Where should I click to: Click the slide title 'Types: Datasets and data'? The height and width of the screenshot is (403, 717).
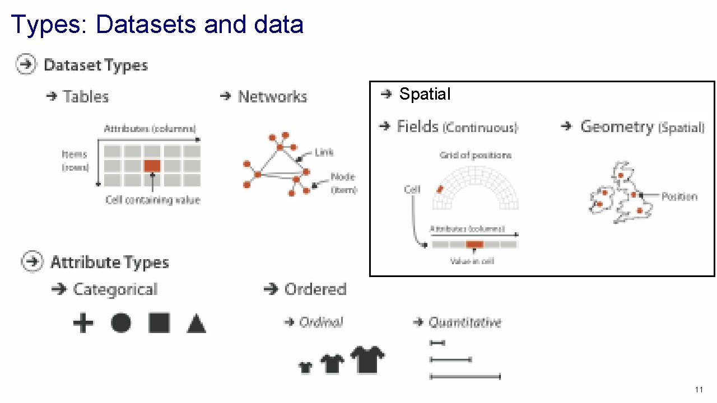click(x=157, y=25)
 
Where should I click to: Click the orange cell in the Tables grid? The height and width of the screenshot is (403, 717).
click(x=152, y=166)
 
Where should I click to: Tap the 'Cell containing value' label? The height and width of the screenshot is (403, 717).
click(x=152, y=200)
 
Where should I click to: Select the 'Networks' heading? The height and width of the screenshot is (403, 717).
click(x=272, y=97)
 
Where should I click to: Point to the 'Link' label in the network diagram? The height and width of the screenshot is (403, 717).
click(x=324, y=152)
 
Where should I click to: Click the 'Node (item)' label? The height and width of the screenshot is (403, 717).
click(x=343, y=183)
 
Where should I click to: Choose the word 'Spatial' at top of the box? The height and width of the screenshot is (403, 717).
click(x=425, y=94)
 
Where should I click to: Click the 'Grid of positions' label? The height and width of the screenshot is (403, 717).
click(x=475, y=155)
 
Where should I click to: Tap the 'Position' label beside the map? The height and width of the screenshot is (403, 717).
click(x=679, y=196)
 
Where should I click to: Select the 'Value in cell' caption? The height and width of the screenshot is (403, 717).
click(x=472, y=261)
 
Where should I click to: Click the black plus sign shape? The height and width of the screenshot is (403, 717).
click(x=83, y=323)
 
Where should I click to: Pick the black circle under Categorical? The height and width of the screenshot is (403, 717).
click(x=121, y=323)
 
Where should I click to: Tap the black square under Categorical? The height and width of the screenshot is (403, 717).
click(x=159, y=323)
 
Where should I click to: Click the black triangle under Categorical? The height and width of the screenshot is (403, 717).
click(x=196, y=324)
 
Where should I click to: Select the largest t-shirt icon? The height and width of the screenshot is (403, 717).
click(x=367, y=359)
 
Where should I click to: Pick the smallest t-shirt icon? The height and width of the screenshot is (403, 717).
click(x=305, y=367)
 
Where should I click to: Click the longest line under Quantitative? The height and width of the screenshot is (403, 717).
click(x=464, y=377)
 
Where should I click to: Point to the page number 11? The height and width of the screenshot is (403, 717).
click(x=699, y=390)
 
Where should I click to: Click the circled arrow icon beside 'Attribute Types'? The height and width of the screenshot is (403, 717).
click(x=32, y=262)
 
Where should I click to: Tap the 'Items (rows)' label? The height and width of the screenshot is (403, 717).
click(x=75, y=160)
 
